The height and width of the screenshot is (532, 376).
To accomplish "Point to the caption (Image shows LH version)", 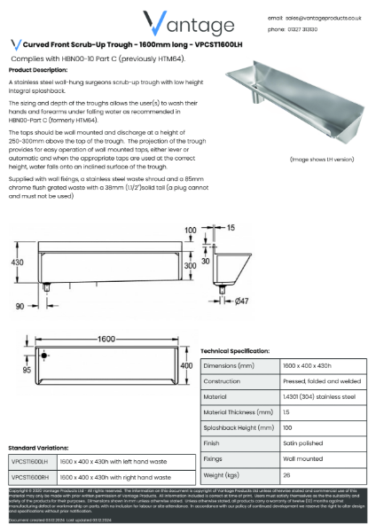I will (323, 159).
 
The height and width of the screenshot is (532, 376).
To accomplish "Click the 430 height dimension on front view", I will (15, 262).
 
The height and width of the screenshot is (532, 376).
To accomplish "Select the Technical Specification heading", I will (242, 351).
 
